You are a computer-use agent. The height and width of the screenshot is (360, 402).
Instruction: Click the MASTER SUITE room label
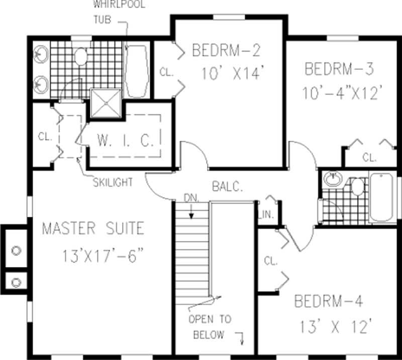(x=92, y=229)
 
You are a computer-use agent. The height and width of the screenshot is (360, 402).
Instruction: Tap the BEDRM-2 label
(x=226, y=50)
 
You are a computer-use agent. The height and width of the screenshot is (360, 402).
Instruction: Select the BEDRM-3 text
(x=339, y=68)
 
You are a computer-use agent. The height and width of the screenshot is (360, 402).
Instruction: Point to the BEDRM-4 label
(x=328, y=302)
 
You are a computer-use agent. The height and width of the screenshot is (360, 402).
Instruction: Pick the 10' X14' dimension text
(x=232, y=74)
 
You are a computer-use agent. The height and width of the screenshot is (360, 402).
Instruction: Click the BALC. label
(x=227, y=188)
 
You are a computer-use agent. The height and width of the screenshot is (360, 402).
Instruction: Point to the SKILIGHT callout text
(x=113, y=183)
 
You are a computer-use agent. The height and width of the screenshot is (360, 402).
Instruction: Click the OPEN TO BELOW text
(x=210, y=327)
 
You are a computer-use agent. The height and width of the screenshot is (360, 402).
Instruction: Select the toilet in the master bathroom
(x=80, y=56)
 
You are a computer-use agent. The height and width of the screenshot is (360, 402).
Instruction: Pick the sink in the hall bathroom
(x=331, y=178)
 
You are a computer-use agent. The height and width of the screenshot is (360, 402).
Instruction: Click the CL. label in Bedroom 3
(x=369, y=158)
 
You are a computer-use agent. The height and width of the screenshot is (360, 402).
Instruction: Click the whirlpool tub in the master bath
(x=136, y=72)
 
